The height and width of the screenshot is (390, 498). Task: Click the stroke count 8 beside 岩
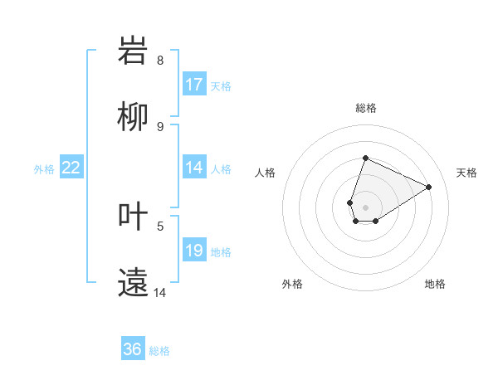click(160, 61)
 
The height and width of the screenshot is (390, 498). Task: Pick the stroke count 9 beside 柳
click(160, 126)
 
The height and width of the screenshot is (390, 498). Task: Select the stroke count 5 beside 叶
click(160, 225)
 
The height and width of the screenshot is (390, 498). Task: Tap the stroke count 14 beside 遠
click(160, 292)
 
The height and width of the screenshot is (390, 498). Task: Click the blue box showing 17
click(194, 85)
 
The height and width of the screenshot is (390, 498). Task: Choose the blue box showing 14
click(194, 167)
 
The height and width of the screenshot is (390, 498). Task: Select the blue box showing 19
click(194, 251)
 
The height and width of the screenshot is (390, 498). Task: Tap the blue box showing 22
click(71, 168)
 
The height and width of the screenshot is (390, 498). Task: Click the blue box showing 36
click(133, 349)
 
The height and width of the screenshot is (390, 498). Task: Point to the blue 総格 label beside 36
click(159, 351)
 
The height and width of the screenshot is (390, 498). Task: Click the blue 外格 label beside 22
click(44, 169)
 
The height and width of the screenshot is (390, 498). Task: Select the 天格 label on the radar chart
click(466, 173)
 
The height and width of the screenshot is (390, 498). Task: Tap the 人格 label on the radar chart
click(266, 173)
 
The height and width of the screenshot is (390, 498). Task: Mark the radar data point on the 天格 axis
click(429, 187)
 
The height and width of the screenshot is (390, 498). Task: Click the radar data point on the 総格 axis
click(365, 158)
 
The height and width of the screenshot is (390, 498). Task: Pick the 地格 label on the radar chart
click(435, 284)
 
